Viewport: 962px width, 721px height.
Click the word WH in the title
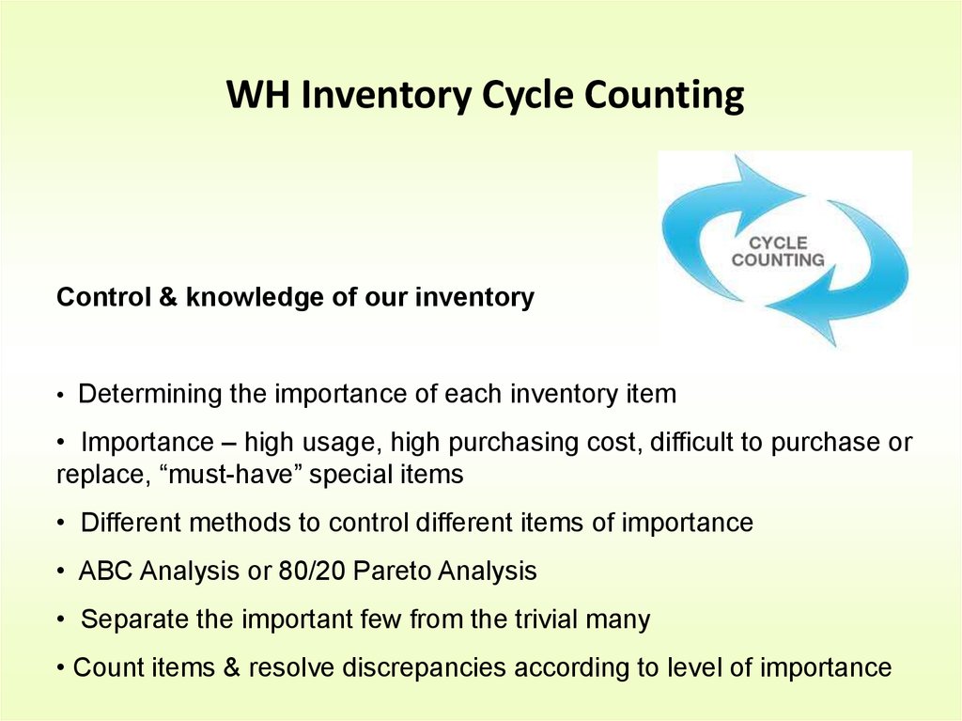[257, 94]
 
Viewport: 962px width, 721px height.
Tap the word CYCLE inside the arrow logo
[778, 243]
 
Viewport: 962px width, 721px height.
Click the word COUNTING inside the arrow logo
[778, 259]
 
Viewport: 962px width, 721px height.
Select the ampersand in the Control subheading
[168, 297]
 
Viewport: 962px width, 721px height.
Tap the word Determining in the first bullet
[149, 394]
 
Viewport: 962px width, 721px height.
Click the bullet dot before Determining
[60, 396]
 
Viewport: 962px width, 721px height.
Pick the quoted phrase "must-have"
[234, 474]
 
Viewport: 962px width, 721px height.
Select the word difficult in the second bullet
[690, 442]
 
